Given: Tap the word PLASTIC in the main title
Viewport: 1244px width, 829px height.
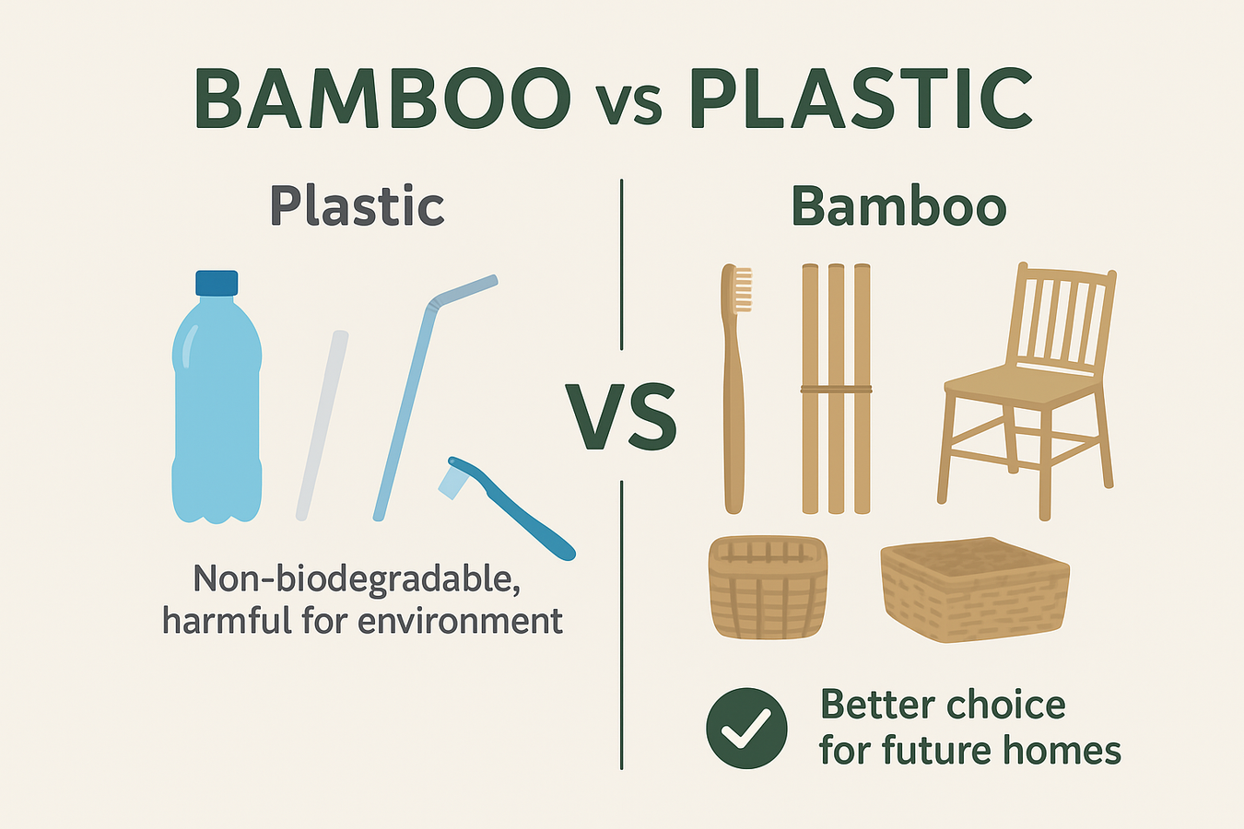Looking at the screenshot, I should click(860, 99).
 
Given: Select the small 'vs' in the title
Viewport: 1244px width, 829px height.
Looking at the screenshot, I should click(630, 105).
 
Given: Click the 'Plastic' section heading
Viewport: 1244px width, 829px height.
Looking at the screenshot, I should click(357, 205).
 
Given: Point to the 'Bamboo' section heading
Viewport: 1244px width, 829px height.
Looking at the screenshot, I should click(898, 205).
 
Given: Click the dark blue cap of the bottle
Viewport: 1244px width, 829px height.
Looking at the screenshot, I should click(217, 283).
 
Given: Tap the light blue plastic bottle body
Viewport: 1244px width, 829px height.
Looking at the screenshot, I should click(217, 414).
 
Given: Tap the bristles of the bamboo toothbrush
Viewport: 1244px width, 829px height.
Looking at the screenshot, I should click(743, 289).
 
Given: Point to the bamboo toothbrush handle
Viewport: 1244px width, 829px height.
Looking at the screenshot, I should click(733, 414).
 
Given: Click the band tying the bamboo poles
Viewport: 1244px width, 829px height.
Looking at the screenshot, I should click(836, 390).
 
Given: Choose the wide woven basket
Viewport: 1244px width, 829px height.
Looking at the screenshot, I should click(974, 590).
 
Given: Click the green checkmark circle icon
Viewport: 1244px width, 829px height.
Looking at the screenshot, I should click(746, 728).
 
